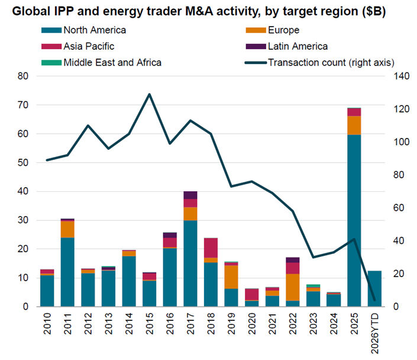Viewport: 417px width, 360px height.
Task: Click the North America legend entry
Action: click(95, 30)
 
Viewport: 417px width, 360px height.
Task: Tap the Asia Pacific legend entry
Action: click(89, 46)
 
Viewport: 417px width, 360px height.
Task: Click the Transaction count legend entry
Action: click(328, 62)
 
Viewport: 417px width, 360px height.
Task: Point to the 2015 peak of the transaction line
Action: click(149, 94)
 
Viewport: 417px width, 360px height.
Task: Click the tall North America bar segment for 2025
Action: click(354, 219)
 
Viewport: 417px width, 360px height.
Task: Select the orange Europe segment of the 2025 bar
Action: click(354, 125)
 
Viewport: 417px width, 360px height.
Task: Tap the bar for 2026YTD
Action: click(374, 288)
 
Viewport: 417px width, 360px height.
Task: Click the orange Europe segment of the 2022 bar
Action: click(293, 287)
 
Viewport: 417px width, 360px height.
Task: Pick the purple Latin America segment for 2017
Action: click(190, 195)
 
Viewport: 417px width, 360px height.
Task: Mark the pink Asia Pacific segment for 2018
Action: click(211, 247)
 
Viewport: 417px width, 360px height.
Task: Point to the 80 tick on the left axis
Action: click(24, 76)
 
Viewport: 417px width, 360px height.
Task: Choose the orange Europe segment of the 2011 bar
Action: click(67, 229)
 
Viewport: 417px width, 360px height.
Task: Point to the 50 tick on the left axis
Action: click(24, 162)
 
